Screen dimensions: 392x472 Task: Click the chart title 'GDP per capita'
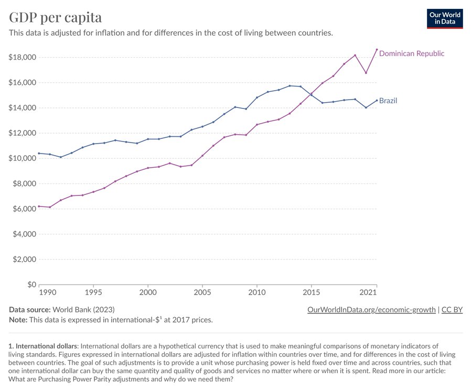pyautogui.click(x=56, y=17)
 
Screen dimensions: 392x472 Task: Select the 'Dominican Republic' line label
pyautogui.click(x=411, y=53)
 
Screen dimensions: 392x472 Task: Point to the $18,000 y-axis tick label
pyautogui.click(x=22, y=57)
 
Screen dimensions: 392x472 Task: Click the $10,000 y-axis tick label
pyautogui.click(x=22, y=158)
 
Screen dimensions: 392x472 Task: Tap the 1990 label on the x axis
pyautogui.click(x=48, y=291)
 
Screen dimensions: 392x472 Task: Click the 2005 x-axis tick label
pyautogui.click(x=202, y=291)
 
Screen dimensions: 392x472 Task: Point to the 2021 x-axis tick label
pyautogui.click(x=368, y=291)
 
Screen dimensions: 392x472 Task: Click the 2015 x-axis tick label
pyautogui.click(x=312, y=291)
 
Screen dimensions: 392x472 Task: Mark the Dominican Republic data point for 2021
pyautogui.click(x=377, y=50)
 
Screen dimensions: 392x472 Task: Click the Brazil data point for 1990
pyautogui.click(x=39, y=153)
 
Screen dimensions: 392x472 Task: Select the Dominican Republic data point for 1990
pyautogui.click(x=39, y=206)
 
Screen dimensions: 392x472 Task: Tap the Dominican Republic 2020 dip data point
pyautogui.click(x=366, y=73)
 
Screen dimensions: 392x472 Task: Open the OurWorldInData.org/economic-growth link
pyautogui.click(x=371, y=310)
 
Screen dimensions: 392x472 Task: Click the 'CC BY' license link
pyautogui.click(x=452, y=310)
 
